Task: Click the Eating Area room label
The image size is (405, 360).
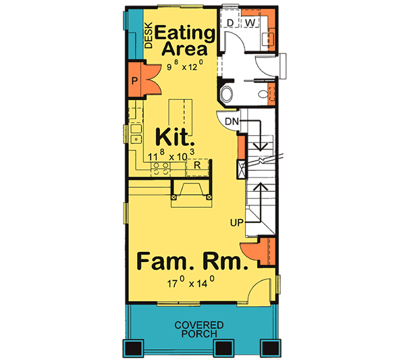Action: (186, 41)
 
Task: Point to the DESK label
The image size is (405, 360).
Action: (149, 38)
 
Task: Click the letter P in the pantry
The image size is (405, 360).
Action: (135, 82)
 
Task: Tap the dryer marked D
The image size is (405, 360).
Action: (230, 23)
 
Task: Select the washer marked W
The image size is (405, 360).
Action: (248, 23)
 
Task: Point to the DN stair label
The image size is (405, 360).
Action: (232, 122)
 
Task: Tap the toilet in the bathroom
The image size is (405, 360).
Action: (228, 93)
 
